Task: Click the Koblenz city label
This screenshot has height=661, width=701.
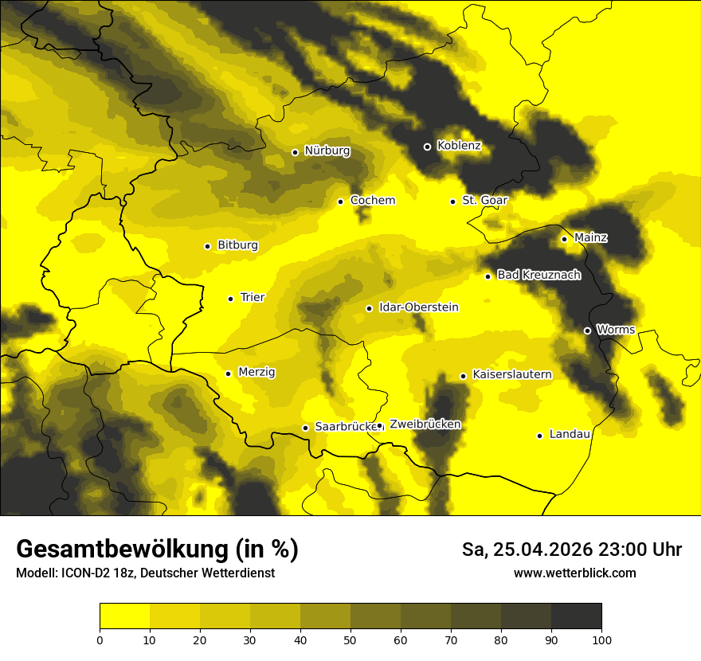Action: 459,146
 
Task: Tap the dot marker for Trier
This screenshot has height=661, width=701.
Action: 230,299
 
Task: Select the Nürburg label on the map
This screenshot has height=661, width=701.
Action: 327,151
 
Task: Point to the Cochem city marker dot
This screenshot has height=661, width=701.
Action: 340,201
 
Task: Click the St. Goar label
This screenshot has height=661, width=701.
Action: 484,201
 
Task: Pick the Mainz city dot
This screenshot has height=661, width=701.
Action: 564,239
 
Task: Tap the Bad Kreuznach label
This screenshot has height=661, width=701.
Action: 538,275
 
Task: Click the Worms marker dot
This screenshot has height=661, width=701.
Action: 587,330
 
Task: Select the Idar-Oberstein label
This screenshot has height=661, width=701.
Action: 418,307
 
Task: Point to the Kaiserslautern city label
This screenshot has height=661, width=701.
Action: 511,374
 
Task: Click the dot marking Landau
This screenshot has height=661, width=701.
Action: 539,436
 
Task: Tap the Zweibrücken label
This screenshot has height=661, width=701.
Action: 425,424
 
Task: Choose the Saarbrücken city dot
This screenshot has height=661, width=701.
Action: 305,428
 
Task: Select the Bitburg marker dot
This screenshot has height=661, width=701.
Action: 207,246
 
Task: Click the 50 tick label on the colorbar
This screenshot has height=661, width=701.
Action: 350,639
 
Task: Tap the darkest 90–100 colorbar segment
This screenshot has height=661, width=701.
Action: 576,616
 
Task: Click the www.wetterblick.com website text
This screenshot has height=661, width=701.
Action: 574,573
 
